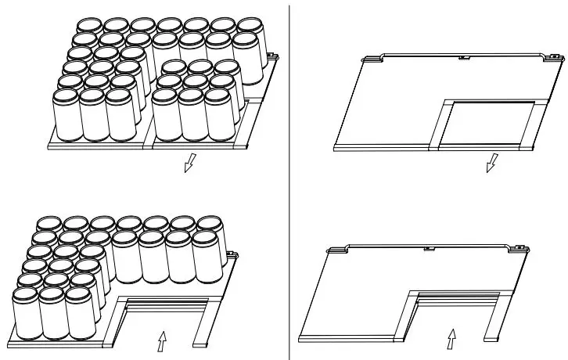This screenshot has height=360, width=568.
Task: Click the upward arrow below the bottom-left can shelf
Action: (x=163, y=341)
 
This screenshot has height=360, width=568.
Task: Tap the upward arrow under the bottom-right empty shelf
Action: (x=451, y=339)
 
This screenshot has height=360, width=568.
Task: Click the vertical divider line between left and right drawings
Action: (x=290, y=180)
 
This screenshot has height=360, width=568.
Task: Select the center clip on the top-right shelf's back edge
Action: (x=462, y=57)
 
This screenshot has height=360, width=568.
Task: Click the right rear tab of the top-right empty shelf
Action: (x=553, y=56)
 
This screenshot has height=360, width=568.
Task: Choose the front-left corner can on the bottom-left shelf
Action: (x=25, y=313)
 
